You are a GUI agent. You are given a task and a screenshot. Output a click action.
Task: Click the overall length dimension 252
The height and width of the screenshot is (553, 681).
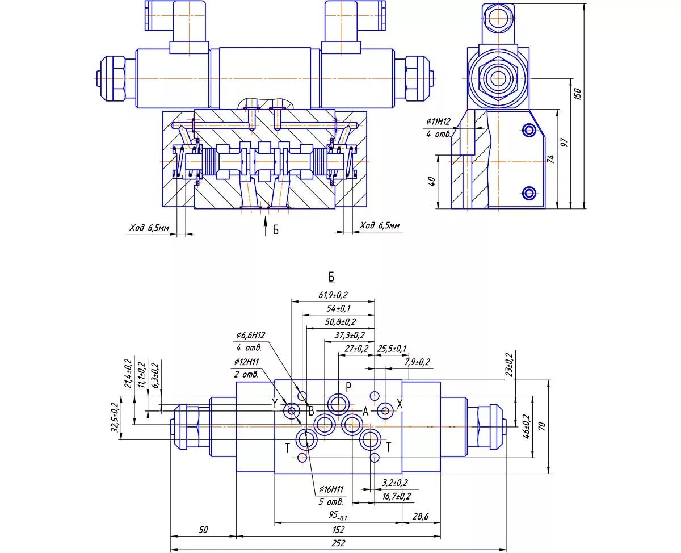click(x=338, y=543)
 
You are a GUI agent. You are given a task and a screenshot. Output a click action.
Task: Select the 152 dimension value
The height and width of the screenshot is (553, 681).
click(x=338, y=529)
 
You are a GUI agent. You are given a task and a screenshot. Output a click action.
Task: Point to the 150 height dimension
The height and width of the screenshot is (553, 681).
click(x=578, y=93)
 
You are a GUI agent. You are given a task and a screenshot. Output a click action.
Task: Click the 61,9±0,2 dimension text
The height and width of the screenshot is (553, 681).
click(x=333, y=295)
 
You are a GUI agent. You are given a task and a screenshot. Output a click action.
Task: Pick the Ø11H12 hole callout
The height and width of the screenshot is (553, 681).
click(x=438, y=122)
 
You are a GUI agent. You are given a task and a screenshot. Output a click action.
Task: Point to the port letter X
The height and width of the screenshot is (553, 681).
click(x=400, y=404)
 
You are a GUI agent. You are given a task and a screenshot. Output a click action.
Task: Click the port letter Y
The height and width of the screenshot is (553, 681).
click(x=275, y=404)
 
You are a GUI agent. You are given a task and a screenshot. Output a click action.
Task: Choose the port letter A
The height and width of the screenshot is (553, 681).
click(x=366, y=410)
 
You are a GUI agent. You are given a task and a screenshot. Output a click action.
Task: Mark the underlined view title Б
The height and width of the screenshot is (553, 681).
click(x=331, y=277)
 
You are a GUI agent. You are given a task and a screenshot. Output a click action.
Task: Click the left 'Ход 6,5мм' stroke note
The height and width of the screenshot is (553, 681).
click(x=149, y=228)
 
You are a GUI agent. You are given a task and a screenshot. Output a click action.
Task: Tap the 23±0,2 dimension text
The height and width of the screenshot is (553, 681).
click(x=508, y=365)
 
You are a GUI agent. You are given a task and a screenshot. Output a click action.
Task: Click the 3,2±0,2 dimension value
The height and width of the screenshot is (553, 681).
click(x=396, y=483)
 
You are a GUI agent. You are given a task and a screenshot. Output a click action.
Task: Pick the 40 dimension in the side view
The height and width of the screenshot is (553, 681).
click(x=432, y=182)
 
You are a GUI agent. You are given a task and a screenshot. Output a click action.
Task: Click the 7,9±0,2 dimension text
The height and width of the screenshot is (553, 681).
click(x=417, y=362)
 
